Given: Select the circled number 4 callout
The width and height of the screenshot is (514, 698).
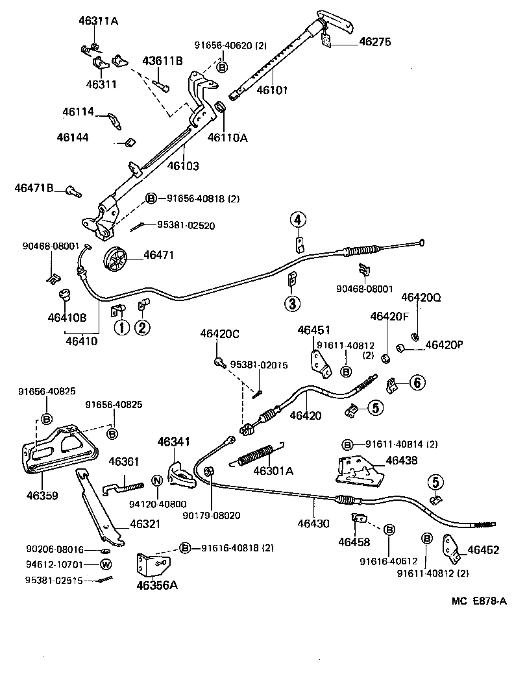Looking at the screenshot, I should (x=297, y=221).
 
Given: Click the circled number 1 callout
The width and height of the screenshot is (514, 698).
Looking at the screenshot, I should (x=121, y=327).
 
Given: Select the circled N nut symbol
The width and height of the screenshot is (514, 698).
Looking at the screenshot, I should (x=156, y=481).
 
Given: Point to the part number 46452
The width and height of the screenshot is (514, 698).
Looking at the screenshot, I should (x=484, y=549).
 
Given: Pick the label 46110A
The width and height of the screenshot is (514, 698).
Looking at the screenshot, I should (x=228, y=137).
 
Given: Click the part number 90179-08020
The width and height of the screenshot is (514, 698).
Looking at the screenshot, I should (x=211, y=515).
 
